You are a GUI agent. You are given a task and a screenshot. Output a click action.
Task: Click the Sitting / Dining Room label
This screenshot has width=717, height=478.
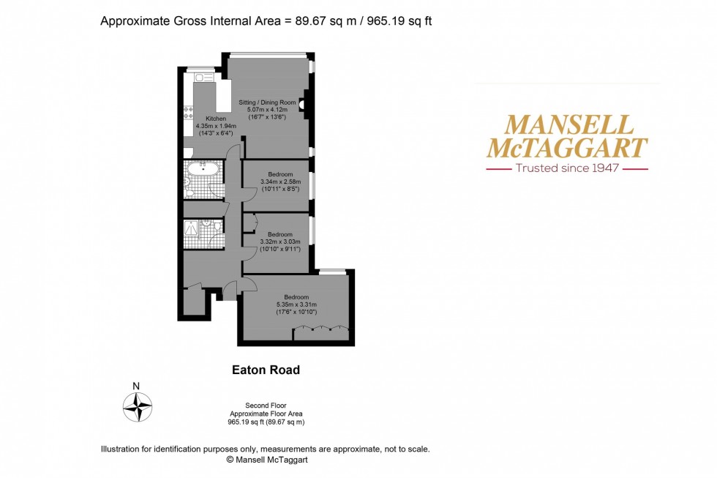267,102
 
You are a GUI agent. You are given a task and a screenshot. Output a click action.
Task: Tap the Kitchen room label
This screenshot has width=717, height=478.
216,119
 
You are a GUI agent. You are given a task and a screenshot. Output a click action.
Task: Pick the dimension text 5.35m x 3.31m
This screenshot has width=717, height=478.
296,305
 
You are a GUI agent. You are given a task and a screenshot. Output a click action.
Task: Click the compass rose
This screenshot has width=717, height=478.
137,406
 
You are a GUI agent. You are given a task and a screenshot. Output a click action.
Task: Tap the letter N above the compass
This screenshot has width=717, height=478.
136,386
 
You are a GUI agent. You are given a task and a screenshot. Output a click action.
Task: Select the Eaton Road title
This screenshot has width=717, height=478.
266,370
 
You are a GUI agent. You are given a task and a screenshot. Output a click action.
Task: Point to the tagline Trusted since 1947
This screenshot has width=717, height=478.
567,168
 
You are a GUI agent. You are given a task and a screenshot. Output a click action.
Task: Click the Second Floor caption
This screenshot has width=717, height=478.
266,405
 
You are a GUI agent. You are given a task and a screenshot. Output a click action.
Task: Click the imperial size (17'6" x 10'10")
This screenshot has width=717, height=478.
296,312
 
